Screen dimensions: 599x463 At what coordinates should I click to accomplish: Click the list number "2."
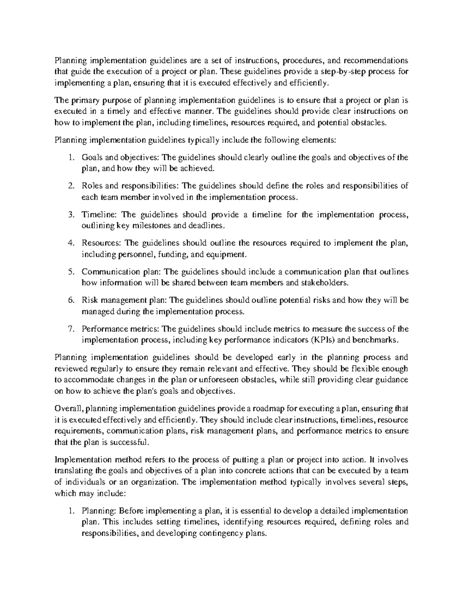71,186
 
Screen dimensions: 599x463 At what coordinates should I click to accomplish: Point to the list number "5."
71,272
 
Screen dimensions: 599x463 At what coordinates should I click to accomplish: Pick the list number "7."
71,329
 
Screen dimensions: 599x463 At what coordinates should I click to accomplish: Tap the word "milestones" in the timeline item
148,226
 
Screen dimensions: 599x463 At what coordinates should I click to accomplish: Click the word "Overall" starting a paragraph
67,408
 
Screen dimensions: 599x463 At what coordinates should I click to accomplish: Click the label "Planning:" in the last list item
98,511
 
